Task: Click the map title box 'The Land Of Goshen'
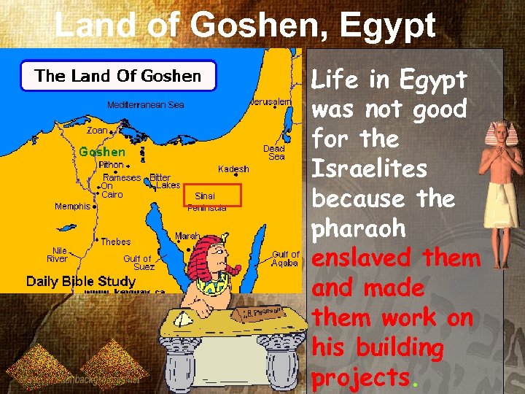pos(117,76)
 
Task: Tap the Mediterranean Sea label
pos(146,105)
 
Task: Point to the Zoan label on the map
pos(97,131)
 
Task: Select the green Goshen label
pos(102,152)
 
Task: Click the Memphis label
pos(72,206)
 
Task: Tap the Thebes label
pos(116,242)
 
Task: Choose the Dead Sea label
pos(275,152)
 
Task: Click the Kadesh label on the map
pos(233,169)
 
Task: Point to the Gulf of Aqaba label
pos(285,259)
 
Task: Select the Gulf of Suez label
pos(138,263)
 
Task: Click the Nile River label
pos(57,255)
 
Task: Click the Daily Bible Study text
pos(81,281)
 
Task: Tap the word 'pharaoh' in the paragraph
pos(358,228)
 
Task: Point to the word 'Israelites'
pos(369,169)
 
